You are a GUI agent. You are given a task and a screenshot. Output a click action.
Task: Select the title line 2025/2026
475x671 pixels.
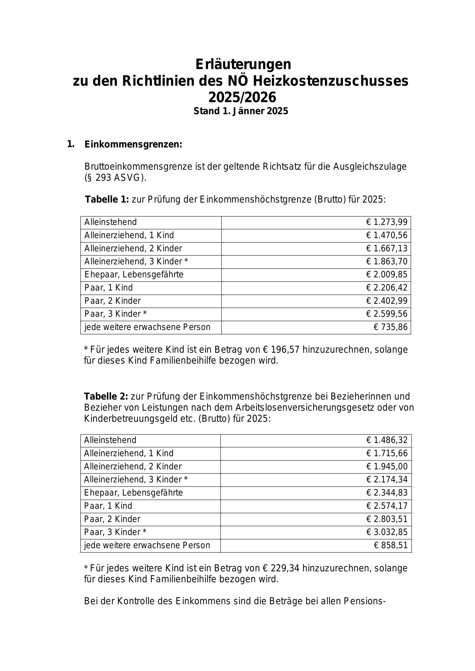(242, 97)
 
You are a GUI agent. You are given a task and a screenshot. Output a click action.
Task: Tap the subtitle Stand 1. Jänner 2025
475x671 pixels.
(241, 111)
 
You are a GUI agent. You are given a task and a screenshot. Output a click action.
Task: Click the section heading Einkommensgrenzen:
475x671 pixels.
(133, 144)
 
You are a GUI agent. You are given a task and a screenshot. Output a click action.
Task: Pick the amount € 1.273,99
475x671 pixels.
(387, 222)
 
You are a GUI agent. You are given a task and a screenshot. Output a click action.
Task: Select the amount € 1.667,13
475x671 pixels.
(387, 248)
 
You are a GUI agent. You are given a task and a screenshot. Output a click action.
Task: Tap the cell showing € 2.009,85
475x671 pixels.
(387, 274)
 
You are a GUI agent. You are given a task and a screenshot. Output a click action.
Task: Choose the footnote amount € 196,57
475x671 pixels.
(281, 349)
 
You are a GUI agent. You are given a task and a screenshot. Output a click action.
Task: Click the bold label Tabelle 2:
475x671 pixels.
(106, 396)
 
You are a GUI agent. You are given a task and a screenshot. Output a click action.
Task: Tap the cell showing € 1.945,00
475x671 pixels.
(387, 466)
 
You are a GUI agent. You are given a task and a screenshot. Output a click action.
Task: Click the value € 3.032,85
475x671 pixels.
(387, 532)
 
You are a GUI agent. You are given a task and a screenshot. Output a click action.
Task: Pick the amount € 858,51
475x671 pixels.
(390, 545)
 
